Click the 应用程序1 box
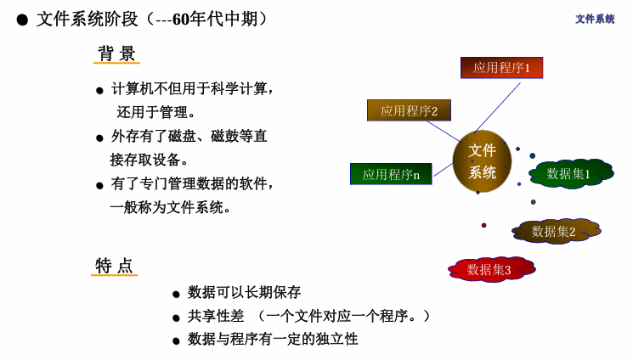[501, 68]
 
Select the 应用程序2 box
[409, 110]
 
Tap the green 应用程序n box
[391, 174]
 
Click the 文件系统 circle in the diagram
[482, 161]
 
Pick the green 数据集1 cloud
[569, 173]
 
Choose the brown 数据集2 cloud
[555, 231]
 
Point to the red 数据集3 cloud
[490, 269]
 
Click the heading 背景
[116, 53]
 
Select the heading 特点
[115, 266]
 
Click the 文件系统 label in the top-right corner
[595, 19]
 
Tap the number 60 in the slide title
[181, 19]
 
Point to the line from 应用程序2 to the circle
[443, 131]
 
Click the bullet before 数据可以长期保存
[177, 294]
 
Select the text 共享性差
[216, 316]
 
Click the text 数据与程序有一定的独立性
[273, 339]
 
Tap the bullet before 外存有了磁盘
[99, 138]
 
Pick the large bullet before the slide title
[22, 20]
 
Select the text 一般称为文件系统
[170, 207]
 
